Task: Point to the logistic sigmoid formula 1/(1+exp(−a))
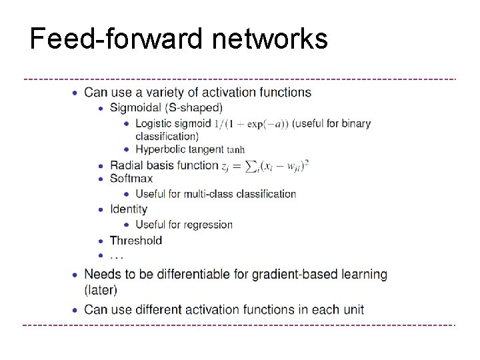(251, 123)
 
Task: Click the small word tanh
(235, 150)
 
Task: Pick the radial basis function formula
(265, 165)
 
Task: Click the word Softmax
(131, 178)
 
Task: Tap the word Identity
(129, 209)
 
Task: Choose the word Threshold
(136, 240)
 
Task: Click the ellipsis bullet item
(117, 255)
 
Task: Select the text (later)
(101, 289)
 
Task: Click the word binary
(355, 123)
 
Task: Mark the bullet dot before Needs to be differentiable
(75, 274)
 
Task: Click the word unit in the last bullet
(354, 309)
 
